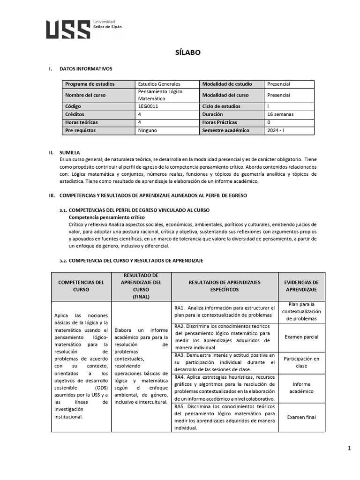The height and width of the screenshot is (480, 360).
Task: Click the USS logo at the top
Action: [68, 29]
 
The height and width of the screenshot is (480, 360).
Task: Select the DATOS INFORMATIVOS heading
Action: [86, 69]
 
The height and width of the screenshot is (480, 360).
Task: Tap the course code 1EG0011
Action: [149, 106]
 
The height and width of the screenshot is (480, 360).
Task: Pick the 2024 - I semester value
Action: [275, 130]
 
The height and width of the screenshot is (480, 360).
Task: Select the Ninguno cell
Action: [148, 130]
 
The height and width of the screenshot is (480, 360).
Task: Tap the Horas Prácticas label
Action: [219, 122]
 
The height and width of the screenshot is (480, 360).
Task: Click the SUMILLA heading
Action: [69, 152]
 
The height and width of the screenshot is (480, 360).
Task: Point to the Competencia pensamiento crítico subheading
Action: [106, 217]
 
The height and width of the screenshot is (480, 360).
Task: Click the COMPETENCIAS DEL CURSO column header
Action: [81, 286]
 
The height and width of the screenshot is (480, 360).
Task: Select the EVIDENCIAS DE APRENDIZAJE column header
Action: [301, 286]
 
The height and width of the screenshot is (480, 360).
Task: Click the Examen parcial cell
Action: [301, 337]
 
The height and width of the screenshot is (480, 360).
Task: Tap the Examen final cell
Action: [301, 417]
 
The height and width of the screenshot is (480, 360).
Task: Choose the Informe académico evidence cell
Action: [301, 388]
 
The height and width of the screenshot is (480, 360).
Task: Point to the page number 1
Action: [349, 449]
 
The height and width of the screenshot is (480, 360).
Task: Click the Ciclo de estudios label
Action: [221, 106]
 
